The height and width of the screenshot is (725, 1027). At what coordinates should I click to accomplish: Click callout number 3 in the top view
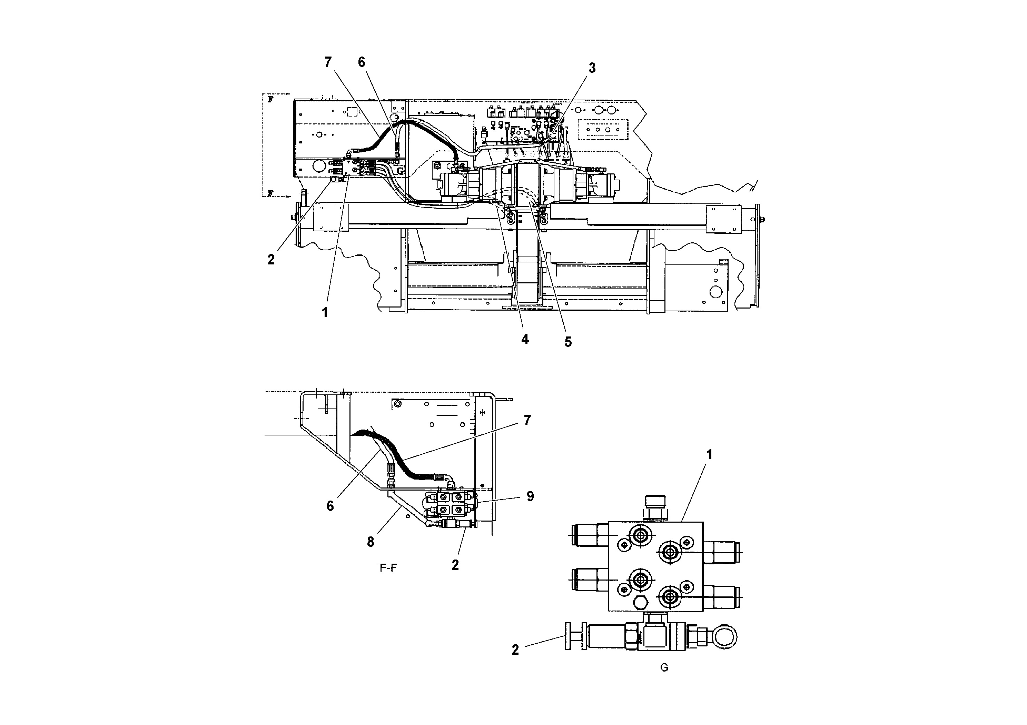pyautogui.click(x=592, y=68)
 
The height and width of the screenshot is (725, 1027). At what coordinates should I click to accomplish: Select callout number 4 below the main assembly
pyautogui.click(x=525, y=339)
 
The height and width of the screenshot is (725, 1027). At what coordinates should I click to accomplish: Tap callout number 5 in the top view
pyautogui.click(x=567, y=342)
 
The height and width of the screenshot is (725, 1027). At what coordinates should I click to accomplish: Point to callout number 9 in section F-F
pyautogui.click(x=530, y=496)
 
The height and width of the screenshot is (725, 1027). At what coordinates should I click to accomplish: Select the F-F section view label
pyautogui.click(x=388, y=568)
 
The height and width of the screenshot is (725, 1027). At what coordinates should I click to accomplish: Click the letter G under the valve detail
pyautogui.click(x=664, y=668)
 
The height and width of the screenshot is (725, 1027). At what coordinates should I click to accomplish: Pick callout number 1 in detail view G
pyautogui.click(x=709, y=455)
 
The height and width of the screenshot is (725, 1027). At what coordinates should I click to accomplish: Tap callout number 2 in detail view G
pyautogui.click(x=515, y=650)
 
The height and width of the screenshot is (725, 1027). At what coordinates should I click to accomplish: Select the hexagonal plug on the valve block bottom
pyautogui.click(x=641, y=603)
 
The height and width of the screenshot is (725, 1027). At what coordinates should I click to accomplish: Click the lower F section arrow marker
pyautogui.click(x=270, y=193)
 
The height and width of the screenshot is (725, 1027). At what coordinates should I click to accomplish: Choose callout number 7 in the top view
pyautogui.click(x=328, y=63)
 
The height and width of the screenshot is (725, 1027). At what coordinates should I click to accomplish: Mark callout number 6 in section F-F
pyautogui.click(x=330, y=506)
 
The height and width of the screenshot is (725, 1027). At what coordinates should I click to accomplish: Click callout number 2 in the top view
pyautogui.click(x=271, y=260)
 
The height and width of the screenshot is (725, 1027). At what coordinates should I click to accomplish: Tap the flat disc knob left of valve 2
pyautogui.click(x=568, y=636)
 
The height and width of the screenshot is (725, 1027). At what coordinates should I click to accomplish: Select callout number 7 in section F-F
pyautogui.click(x=527, y=421)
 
